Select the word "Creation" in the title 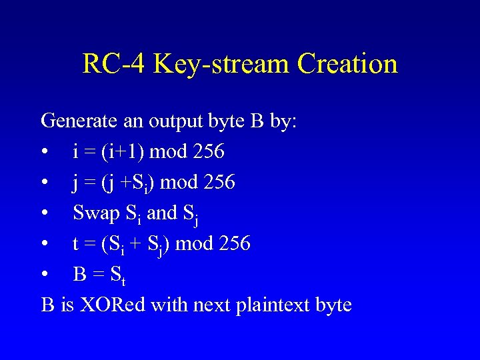pos(347,64)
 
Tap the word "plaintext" pos(266,305)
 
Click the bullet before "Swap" pos(45,214)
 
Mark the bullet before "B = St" pos(45,275)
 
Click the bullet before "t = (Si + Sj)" pos(45,245)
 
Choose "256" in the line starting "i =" pos(208,152)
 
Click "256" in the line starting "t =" pos(234,244)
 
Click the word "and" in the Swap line pos(161,213)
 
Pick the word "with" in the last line pos(169,305)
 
